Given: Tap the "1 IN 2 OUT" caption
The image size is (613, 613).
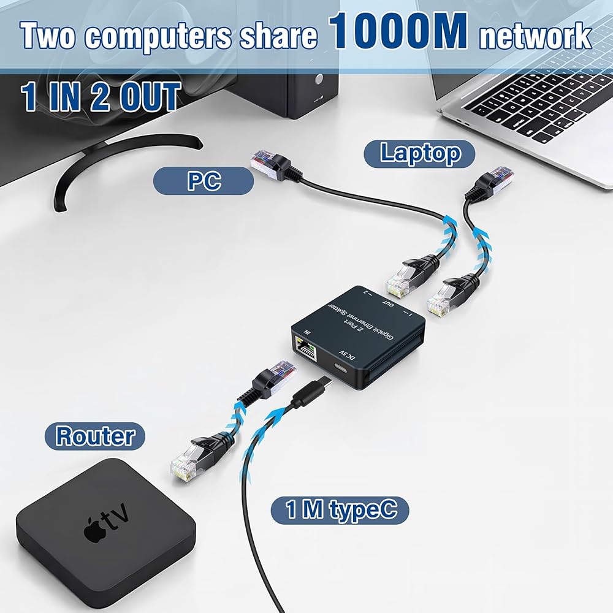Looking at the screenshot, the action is (x=101, y=97).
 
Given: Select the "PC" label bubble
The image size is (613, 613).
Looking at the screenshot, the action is (x=204, y=182).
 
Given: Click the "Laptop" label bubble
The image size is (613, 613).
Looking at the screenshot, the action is (x=420, y=153).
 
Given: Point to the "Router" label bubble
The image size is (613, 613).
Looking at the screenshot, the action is (x=94, y=436).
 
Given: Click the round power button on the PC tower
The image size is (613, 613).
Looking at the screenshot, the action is (x=319, y=79).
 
